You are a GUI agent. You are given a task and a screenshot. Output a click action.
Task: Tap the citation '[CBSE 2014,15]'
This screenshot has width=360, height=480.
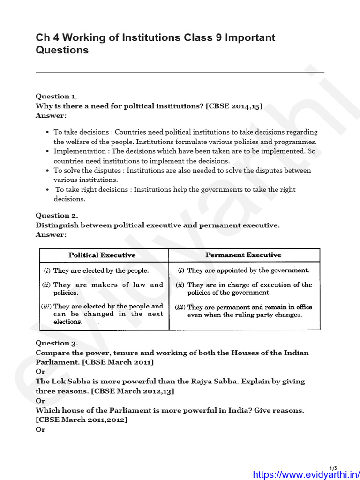pos(234,106)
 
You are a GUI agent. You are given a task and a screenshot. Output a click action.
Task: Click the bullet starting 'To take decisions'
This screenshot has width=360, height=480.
pos(185,137)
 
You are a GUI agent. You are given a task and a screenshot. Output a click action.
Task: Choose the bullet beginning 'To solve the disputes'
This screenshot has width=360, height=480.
pos(182,175)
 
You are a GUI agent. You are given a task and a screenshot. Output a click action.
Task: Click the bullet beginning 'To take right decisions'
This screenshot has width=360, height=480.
pos(174,194)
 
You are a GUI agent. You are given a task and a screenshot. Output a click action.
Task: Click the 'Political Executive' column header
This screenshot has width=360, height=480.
pos(102,255)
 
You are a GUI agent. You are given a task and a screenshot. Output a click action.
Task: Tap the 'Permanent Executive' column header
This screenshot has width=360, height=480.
pos(243,255)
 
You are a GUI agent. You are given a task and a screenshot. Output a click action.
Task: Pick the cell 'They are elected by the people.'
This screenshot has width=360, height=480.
pos(101,270)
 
